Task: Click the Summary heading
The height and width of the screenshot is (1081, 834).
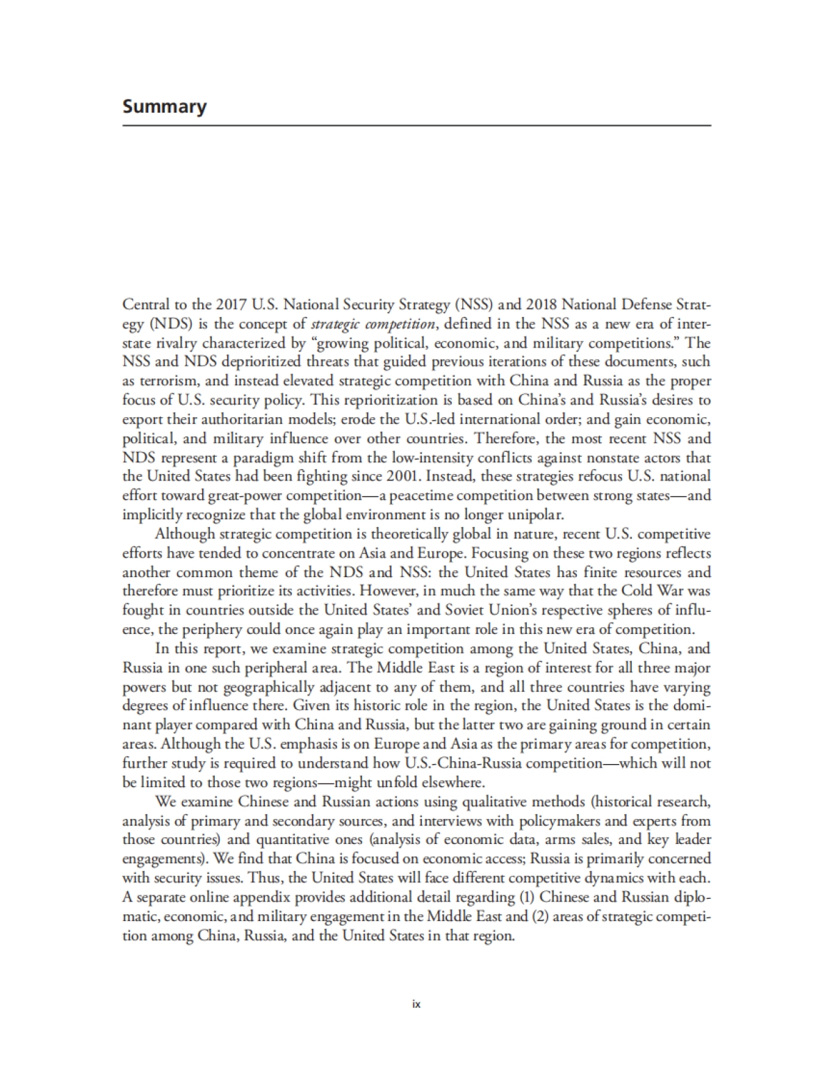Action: click(164, 107)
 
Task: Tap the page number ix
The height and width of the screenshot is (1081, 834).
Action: click(417, 1004)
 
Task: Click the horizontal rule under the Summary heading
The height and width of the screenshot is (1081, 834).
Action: click(417, 126)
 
